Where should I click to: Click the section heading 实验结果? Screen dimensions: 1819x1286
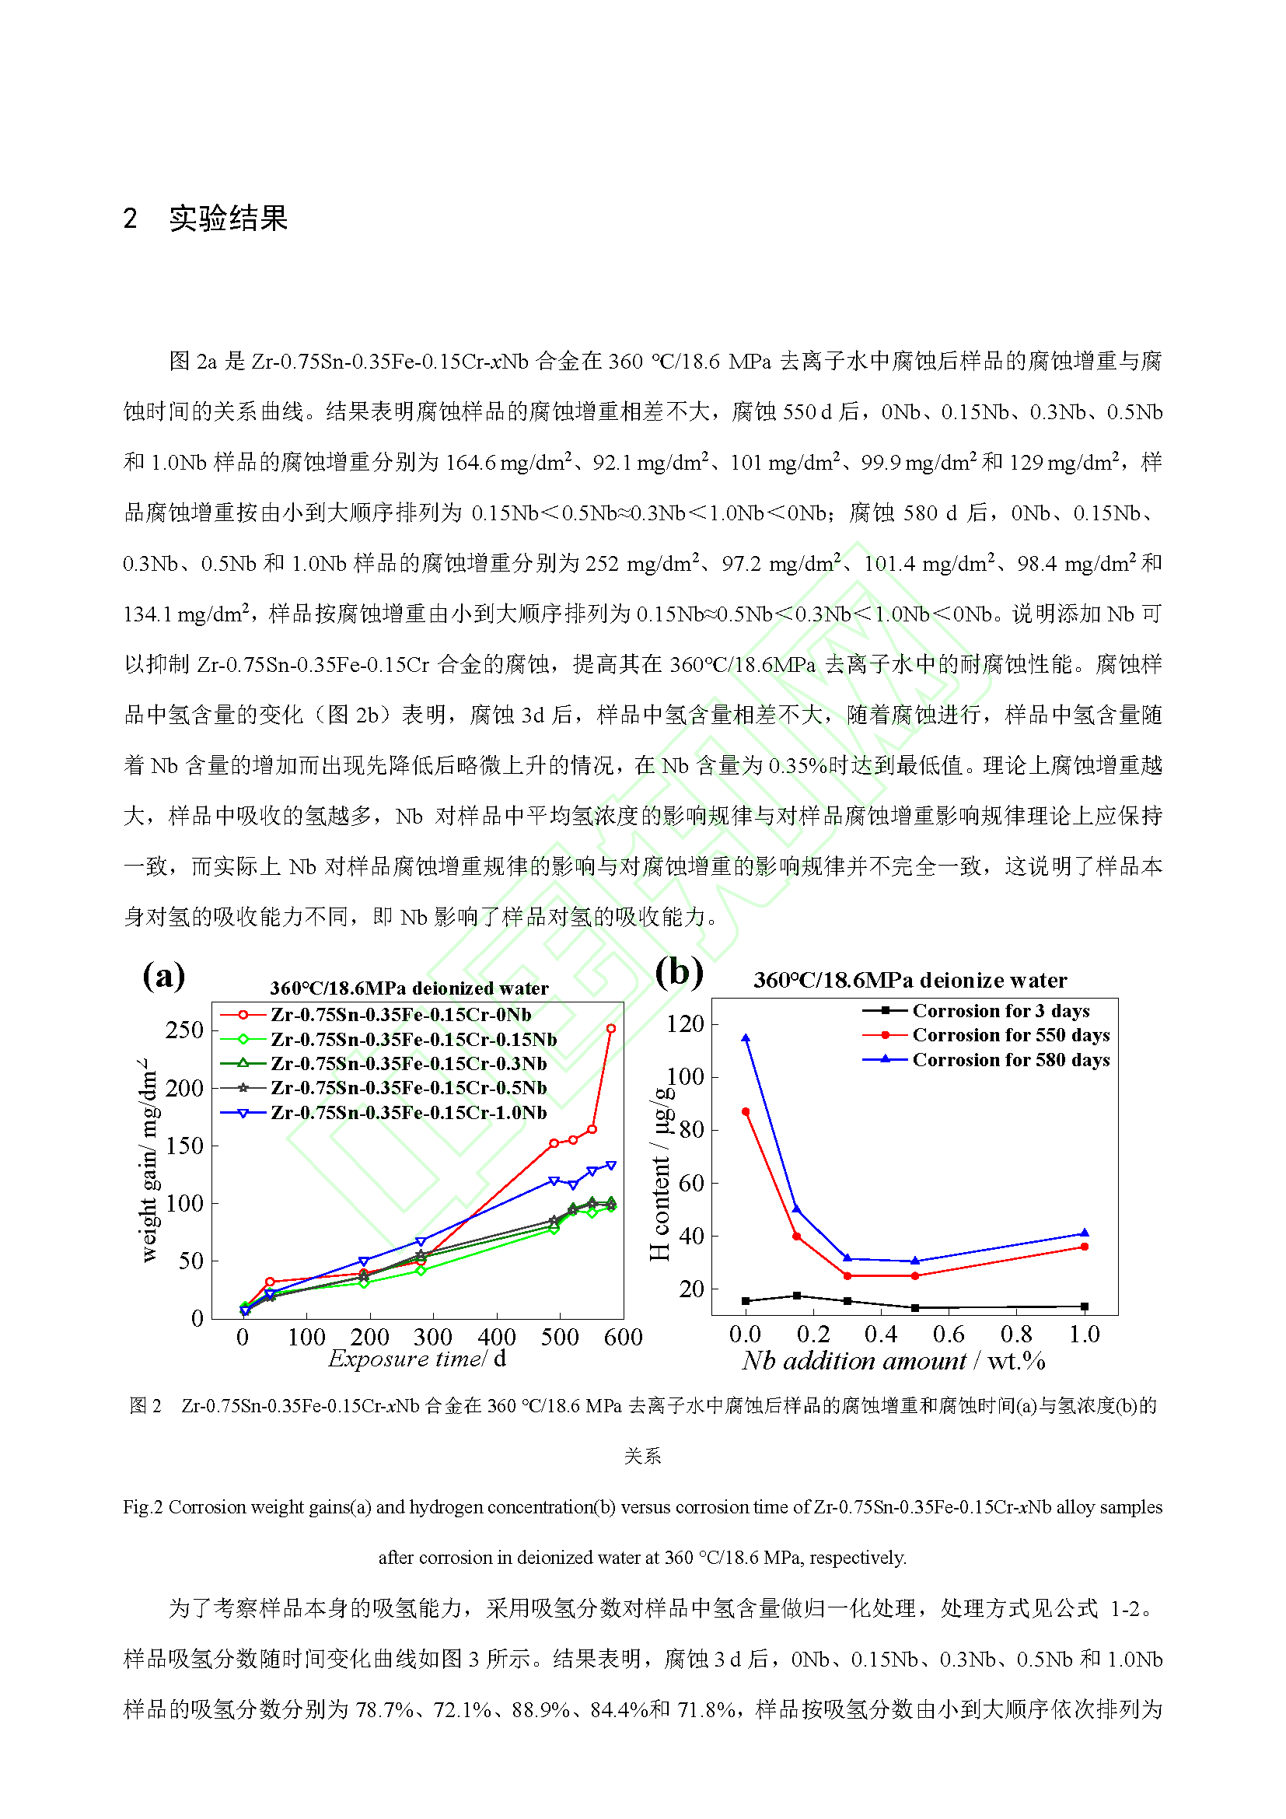[x=228, y=219]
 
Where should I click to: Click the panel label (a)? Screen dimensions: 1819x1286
[x=164, y=975]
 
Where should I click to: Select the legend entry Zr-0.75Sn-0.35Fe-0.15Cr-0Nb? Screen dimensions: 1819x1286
[x=400, y=1015]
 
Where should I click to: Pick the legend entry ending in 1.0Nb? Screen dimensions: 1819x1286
[x=409, y=1112]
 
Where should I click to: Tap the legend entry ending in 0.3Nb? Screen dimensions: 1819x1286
[x=409, y=1063]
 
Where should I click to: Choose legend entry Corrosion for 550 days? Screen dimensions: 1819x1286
[x=1011, y=1034]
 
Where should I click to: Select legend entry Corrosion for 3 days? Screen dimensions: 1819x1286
[x=1001, y=1011]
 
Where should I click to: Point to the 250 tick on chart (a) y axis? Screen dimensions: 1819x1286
[x=184, y=1030]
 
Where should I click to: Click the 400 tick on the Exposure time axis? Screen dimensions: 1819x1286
[x=497, y=1338]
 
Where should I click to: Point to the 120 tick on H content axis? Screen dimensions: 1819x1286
[x=685, y=1024]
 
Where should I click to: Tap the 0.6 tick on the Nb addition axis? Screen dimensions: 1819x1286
[x=948, y=1335]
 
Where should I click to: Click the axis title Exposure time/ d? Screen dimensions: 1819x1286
[x=418, y=1359]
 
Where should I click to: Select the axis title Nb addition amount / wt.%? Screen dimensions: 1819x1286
[x=893, y=1361]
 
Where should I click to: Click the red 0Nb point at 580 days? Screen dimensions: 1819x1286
[x=610, y=1028]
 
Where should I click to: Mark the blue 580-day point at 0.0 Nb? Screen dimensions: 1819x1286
[x=746, y=1039]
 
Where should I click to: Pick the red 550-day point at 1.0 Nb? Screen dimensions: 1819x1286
[x=1084, y=1247]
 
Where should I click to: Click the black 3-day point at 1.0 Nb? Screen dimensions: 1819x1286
[x=1084, y=1307]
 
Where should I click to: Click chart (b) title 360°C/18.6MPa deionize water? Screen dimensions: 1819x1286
[x=910, y=981]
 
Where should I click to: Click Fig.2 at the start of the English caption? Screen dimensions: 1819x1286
[x=142, y=1507]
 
